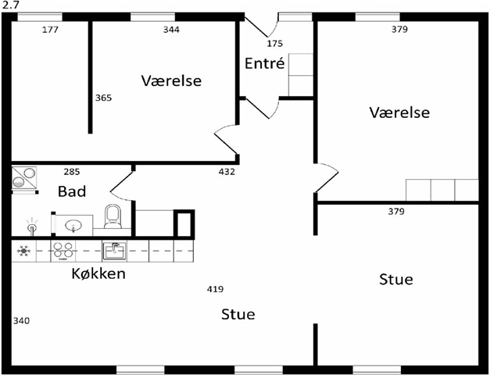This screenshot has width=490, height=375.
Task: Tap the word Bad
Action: click(72, 191)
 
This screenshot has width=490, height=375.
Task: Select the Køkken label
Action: click(98, 273)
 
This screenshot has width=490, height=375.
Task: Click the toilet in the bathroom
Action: click(113, 216)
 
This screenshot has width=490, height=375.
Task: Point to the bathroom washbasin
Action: click(73, 227)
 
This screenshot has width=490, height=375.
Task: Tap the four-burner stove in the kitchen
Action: click(62, 251)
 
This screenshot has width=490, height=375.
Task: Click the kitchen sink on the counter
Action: click(114, 251)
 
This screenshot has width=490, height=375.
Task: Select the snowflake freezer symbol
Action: click(23, 251)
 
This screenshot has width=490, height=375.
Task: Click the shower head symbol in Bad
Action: click(31, 227)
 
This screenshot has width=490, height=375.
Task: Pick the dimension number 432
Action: click(227, 171)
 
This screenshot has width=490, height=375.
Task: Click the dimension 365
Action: click(103, 98)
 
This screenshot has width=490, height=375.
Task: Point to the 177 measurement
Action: click(50, 30)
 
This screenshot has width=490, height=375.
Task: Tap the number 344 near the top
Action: click(170, 30)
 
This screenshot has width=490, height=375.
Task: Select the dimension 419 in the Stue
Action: click(216, 289)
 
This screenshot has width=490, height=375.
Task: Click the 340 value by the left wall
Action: click(22, 320)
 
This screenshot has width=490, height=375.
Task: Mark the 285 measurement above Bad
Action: click(72, 171)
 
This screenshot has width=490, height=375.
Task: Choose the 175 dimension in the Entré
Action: click(275, 43)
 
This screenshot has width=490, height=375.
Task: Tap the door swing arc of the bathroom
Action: click(119, 186)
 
